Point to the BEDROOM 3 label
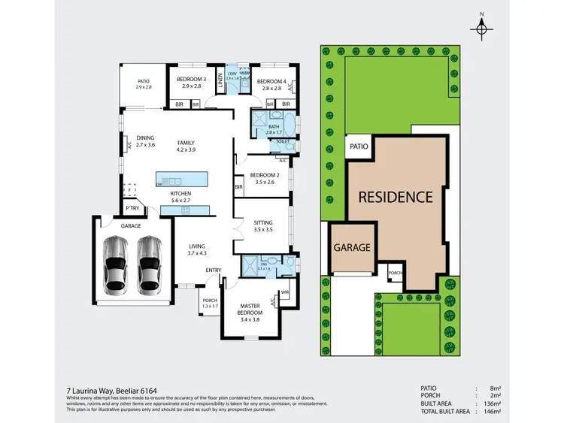click(191, 79)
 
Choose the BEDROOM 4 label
click(271, 80)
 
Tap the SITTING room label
click(263, 222)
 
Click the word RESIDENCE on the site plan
click(395, 198)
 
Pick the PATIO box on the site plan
click(358, 147)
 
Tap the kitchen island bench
click(180, 181)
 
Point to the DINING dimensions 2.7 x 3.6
click(145, 144)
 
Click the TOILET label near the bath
click(283, 141)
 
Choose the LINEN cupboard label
click(220, 83)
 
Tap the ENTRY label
click(214, 270)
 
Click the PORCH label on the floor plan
click(210, 301)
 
